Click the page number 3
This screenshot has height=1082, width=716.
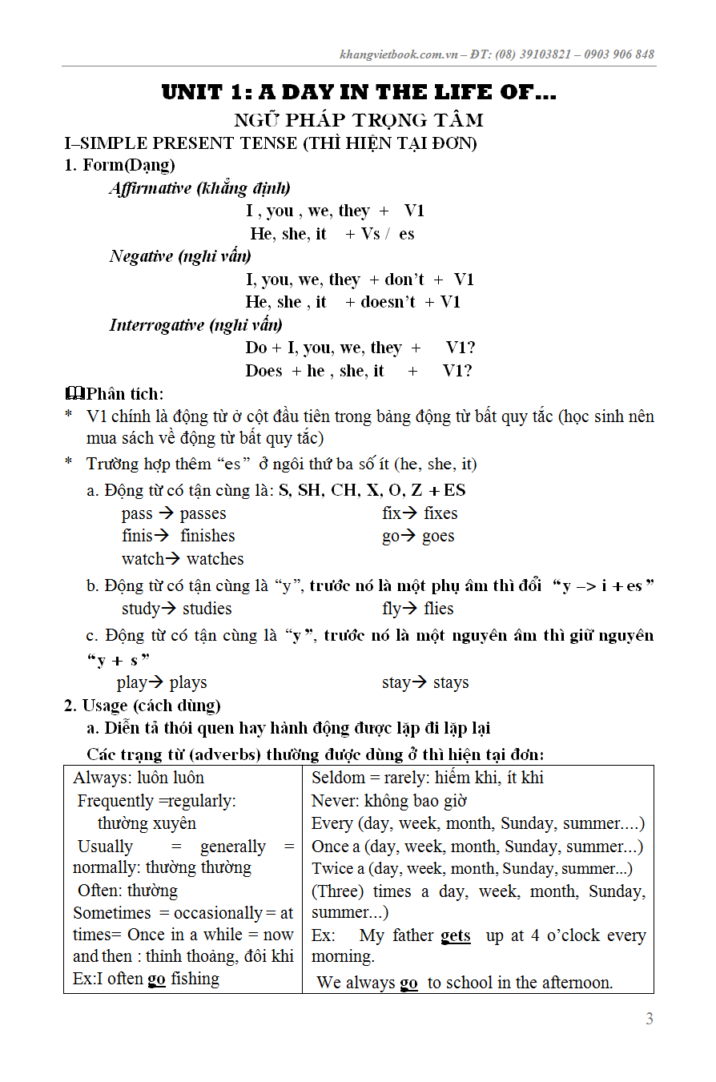click(x=650, y=1019)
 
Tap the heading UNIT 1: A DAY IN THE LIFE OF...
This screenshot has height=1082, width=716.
click(x=359, y=92)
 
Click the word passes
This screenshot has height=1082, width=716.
click(x=203, y=513)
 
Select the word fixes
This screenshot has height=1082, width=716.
click(x=440, y=513)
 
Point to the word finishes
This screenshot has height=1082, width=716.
click(x=207, y=536)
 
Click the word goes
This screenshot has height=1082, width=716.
click(x=438, y=536)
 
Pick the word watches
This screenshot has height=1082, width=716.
click(x=215, y=559)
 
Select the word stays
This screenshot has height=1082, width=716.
click(x=451, y=683)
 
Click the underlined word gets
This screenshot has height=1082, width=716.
click(x=456, y=935)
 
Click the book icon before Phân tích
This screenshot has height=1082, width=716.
click(x=74, y=393)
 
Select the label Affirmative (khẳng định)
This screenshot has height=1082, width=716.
click(x=199, y=188)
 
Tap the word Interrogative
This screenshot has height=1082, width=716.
click(x=157, y=325)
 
